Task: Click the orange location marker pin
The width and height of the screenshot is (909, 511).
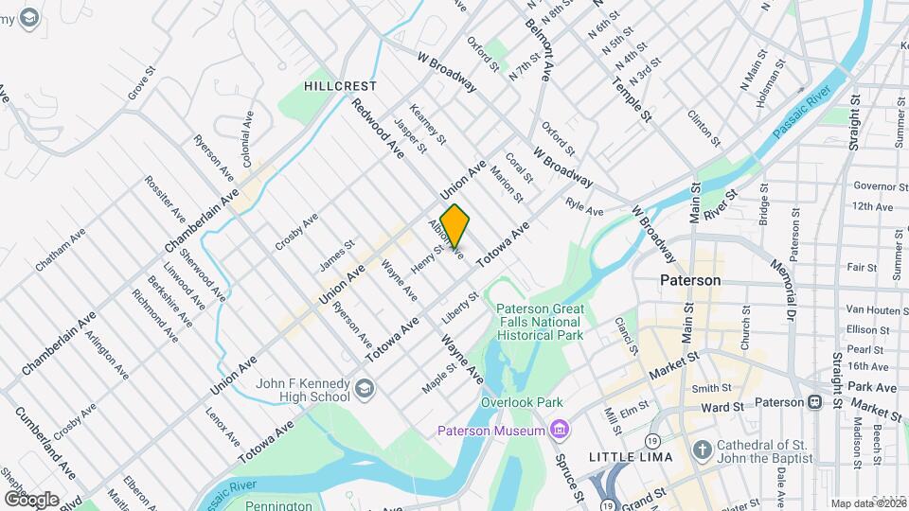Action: pos(454,226)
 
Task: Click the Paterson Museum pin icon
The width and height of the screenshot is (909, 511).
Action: pos(560,432)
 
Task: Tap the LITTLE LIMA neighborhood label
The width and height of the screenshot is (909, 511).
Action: pos(631,457)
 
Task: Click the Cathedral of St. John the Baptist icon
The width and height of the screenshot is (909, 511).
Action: pos(702,449)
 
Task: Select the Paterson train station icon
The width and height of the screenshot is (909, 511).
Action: pos(813,401)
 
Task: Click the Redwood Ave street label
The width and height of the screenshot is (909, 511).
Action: pos(379,127)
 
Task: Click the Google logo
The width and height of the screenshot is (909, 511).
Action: pos(32,499)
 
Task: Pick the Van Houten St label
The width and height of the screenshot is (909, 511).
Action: pos(870,309)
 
